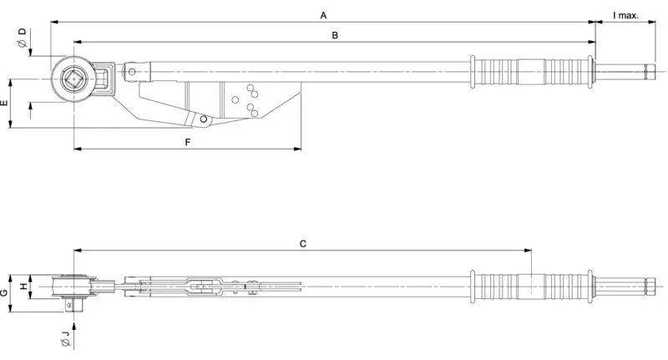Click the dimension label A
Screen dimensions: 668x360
(323, 16)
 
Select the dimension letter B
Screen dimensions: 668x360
(335, 35)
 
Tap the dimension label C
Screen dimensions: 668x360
(303, 244)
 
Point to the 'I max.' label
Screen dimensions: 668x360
(625, 16)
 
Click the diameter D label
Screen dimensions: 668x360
(22, 38)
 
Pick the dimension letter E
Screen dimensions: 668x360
(5, 103)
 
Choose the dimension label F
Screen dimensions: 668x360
(188, 142)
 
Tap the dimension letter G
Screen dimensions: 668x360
(4, 292)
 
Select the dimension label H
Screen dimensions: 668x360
(24, 286)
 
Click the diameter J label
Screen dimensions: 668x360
(65, 337)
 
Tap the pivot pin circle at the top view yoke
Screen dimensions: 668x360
(132, 72)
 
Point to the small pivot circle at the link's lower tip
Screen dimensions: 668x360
(204, 119)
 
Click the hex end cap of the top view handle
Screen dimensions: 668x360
(650, 72)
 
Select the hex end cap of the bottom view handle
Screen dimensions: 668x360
(650, 286)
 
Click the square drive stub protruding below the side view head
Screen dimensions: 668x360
(73, 305)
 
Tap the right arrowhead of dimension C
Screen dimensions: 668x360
(529, 251)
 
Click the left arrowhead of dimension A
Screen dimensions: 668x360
(54, 23)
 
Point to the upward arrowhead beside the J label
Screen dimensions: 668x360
(73, 327)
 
